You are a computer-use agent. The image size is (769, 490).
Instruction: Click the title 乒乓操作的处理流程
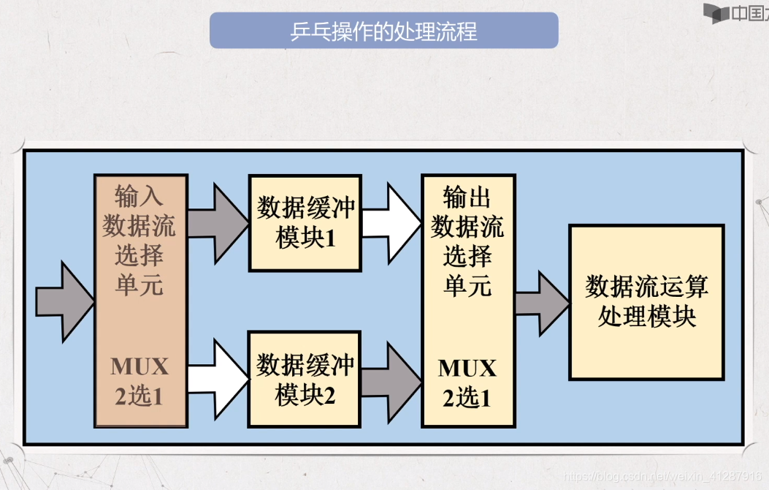coord(383,32)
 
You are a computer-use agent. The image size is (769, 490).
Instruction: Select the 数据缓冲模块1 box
coord(305,222)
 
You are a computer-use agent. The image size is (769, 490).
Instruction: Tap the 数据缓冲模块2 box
coord(305,379)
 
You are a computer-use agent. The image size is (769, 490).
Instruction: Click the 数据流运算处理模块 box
coord(646,301)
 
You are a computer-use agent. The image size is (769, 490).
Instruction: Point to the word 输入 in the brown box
coord(139,196)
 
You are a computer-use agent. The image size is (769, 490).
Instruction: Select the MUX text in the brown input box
coord(139,366)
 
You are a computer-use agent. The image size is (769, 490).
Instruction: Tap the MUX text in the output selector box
coord(467,367)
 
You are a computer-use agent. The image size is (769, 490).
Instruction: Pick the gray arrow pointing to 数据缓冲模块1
coord(218,222)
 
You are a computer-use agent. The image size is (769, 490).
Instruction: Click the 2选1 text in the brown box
coord(139,396)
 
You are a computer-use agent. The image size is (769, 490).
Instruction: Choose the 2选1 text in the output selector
coord(467,398)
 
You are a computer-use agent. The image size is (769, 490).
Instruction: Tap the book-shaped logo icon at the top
coord(717,13)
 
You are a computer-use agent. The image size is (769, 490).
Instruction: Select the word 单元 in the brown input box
coord(139,284)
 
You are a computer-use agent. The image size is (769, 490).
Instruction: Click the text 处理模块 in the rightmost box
coord(646,317)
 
